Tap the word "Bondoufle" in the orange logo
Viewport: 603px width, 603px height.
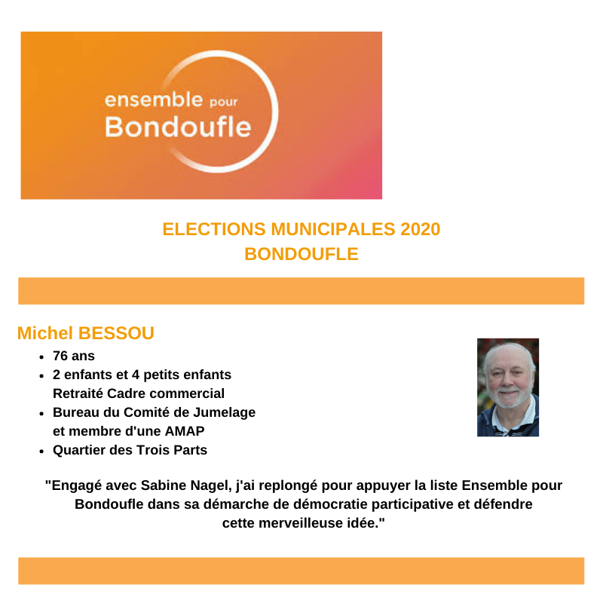(x=177, y=127)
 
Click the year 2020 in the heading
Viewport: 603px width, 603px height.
(x=420, y=229)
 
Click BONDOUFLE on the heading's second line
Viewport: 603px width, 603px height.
(x=301, y=254)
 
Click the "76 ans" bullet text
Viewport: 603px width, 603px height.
(x=74, y=356)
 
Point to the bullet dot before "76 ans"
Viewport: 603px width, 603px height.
(x=41, y=357)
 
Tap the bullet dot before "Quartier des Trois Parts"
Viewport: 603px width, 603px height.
(x=41, y=451)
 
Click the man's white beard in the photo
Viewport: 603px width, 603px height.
(x=507, y=400)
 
